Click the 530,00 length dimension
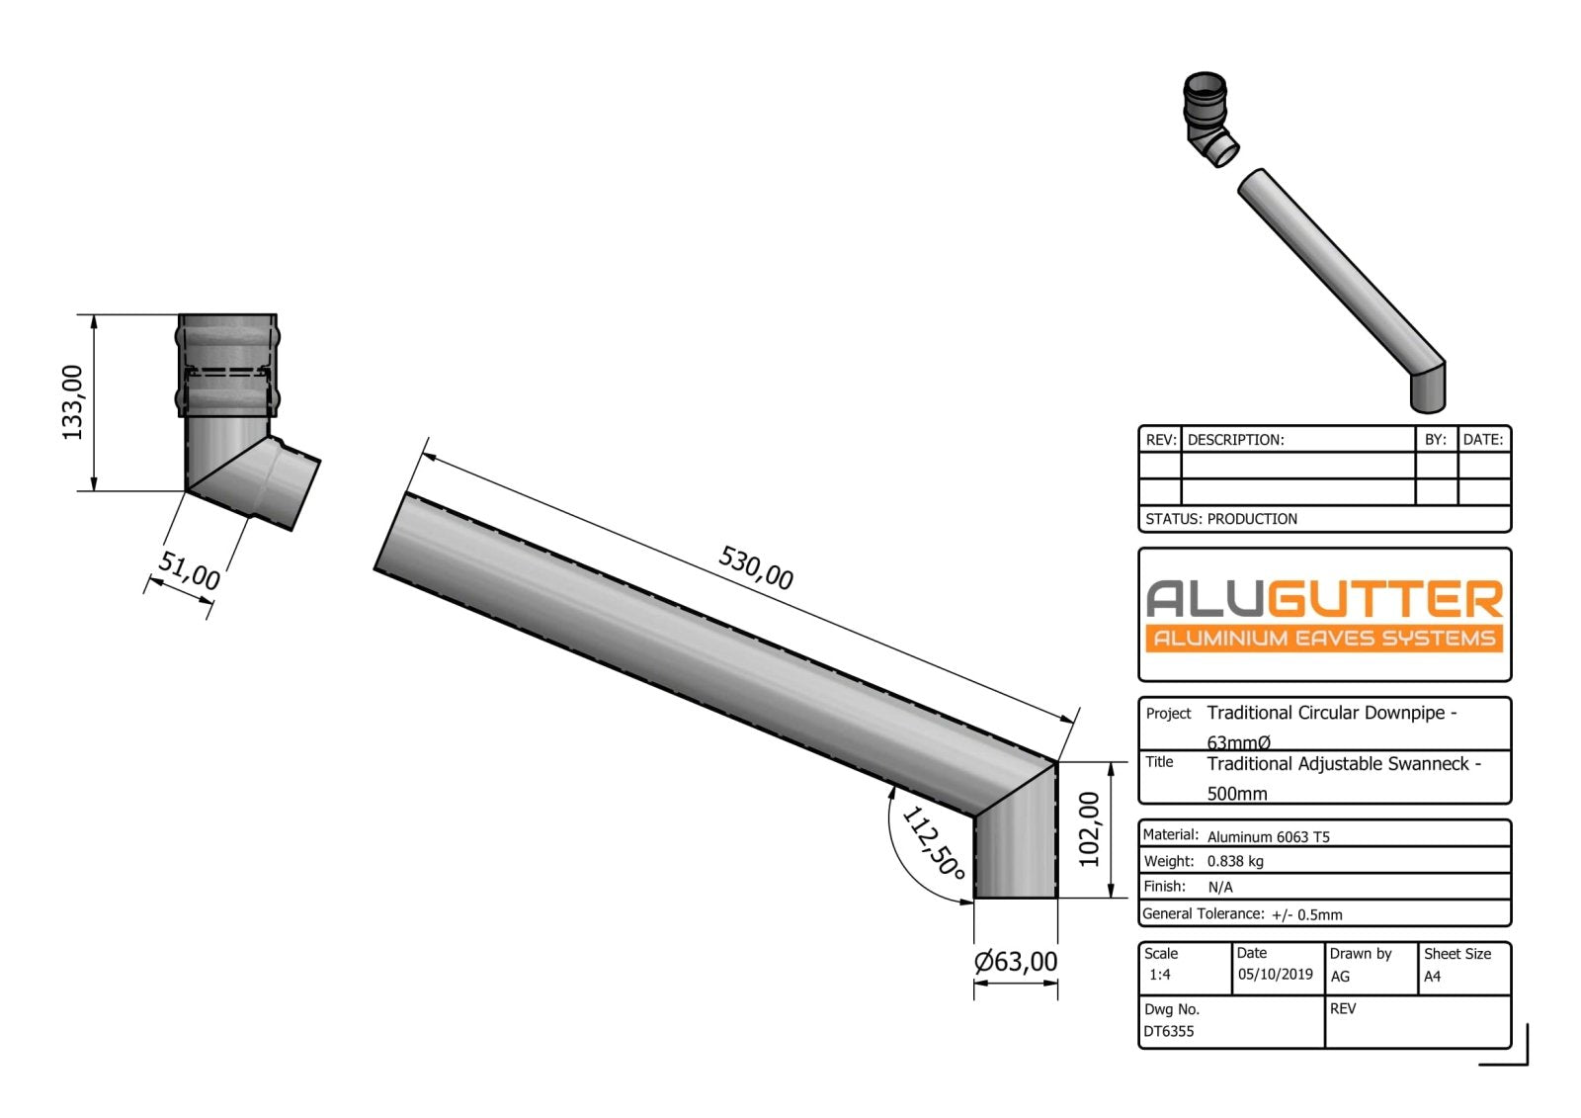(x=755, y=568)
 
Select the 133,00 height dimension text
(x=73, y=401)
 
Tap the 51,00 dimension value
(x=190, y=571)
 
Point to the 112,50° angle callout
(x=932, y=843)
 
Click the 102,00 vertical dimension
(x=1089, y=829)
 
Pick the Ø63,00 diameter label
(x=1015, y=962)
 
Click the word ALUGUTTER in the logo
(x=1324, y=599)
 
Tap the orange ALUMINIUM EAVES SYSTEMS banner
(x=1324, y=639)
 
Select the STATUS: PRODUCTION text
(x=1220, y=519)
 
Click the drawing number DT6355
(x=1169, y=1031)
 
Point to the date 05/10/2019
(x=1275, y=975)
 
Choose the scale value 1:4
(x=1159, y=975)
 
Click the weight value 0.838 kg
(x=1235, y=861)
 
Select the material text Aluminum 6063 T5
(x=1268, y=837)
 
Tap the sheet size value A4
(x=1432, y=977)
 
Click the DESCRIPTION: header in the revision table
(x=1235, y=440)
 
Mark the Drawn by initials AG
(x=1340, y=977)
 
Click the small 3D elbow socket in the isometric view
(x=1209, y=119)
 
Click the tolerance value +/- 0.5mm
(x=1306, y=915)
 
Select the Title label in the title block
(x=1159, y=762)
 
